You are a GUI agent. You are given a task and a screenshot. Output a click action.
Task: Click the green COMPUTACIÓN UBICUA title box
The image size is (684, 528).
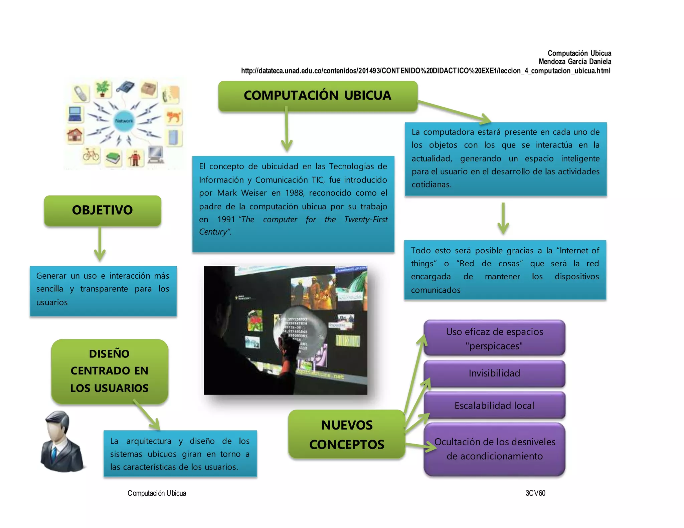(318, 96)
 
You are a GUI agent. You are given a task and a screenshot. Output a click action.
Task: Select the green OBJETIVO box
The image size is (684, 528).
(103, 210)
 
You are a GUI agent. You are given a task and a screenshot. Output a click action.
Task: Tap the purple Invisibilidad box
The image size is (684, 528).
(494, 373)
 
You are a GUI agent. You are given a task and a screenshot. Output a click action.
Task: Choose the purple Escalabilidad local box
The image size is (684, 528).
(494, 406)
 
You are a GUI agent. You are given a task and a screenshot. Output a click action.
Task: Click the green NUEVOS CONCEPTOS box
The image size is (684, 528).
(347, 435)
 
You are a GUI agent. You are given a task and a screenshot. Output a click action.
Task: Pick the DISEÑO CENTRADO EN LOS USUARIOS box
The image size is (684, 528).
(110, 371)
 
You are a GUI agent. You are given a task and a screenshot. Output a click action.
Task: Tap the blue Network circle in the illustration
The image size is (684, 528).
(124, 121)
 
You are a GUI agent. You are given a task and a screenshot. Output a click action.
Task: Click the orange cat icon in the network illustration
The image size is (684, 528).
(174, 117)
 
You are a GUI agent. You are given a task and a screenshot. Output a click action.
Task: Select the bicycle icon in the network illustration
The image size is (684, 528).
(91, 155)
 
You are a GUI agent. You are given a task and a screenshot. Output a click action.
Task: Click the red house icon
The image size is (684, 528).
(75, 135)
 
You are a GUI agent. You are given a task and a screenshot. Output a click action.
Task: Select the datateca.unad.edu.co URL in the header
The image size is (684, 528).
(425, 71)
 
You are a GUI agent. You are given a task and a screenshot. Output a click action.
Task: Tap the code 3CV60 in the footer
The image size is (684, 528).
(535, 493)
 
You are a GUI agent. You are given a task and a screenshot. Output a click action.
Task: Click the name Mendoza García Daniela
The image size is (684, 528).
(575, 62)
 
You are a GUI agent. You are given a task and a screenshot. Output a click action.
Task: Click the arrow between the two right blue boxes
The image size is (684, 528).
(503, 219)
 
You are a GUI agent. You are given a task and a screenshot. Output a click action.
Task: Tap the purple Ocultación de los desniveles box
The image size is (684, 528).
(494, 449)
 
